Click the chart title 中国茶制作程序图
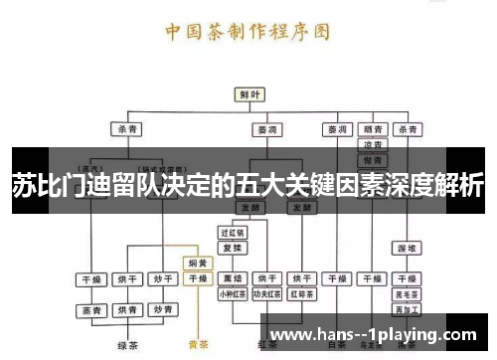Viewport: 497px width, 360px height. click(x=248, y=30)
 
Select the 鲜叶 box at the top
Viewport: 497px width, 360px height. click(x=248, y=94)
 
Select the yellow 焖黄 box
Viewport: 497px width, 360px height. click(x=198, y=264)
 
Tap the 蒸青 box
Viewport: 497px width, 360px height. click(x=92, y=310)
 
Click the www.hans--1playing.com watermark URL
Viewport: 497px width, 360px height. click(x=373, y=335)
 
